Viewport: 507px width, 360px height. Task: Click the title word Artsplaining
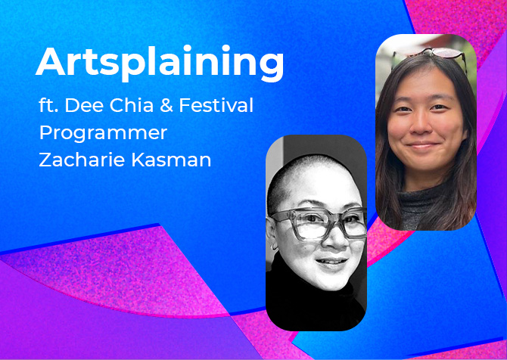[160, 63]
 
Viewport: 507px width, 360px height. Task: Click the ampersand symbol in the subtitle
[166, 105]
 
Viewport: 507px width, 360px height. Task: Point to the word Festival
[216, 105]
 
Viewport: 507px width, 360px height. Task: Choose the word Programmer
[103, 133]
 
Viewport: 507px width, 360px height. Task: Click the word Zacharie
[82, 160]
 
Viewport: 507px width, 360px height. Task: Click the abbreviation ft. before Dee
[48, 105]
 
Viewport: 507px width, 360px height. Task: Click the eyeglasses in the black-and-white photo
[319, 224]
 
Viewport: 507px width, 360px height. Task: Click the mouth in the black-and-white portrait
[331, 262]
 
